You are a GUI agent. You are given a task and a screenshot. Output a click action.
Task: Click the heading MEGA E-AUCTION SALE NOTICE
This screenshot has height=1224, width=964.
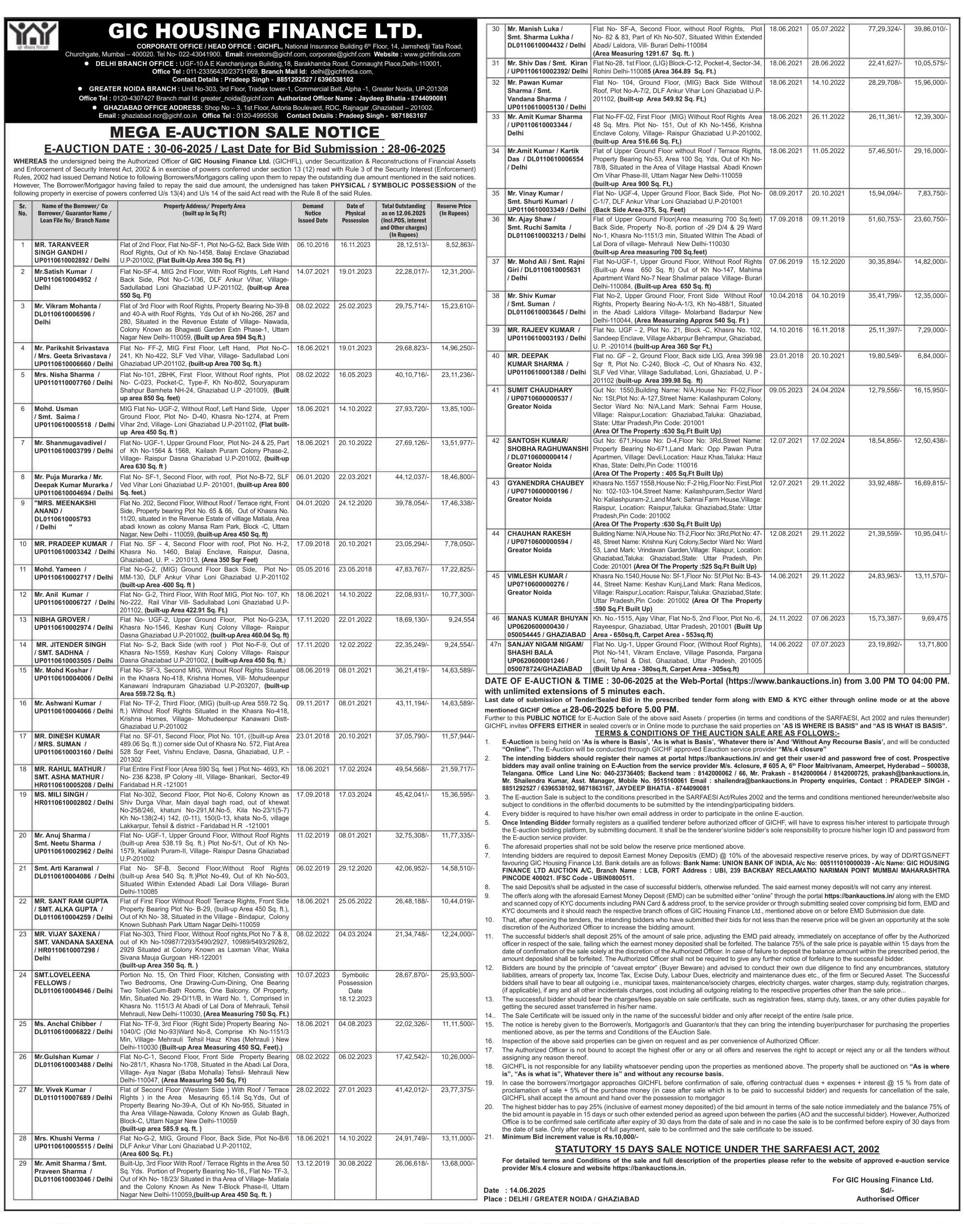(x=244, y=132)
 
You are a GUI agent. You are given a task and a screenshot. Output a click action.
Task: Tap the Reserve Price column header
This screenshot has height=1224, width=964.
(x=453, y=210)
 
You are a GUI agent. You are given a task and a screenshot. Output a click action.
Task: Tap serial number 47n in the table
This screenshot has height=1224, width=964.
(x=496, y=644)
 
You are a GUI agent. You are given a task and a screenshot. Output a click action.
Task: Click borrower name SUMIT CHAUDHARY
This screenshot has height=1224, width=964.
(x=540, y=390)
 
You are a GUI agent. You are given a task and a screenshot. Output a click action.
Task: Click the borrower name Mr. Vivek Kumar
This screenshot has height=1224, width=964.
(x=60, y=1090)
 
